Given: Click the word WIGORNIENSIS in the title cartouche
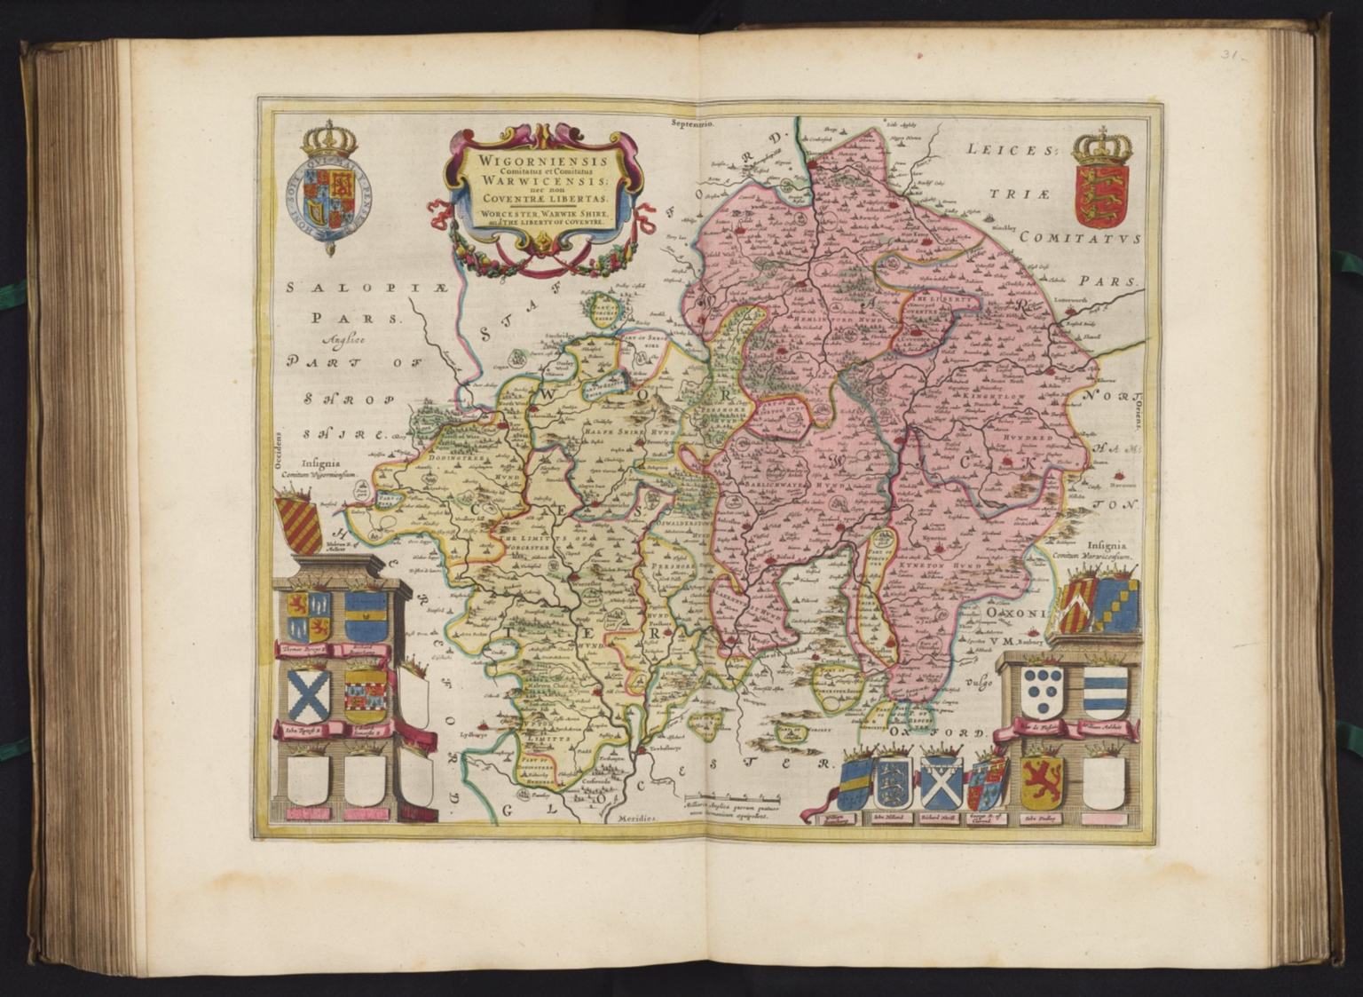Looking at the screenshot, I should (531, 162).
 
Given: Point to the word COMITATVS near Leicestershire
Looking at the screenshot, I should (1078, 238).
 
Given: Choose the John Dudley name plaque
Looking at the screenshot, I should (1042, 818).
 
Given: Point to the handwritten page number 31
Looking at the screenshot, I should (1232, 54).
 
